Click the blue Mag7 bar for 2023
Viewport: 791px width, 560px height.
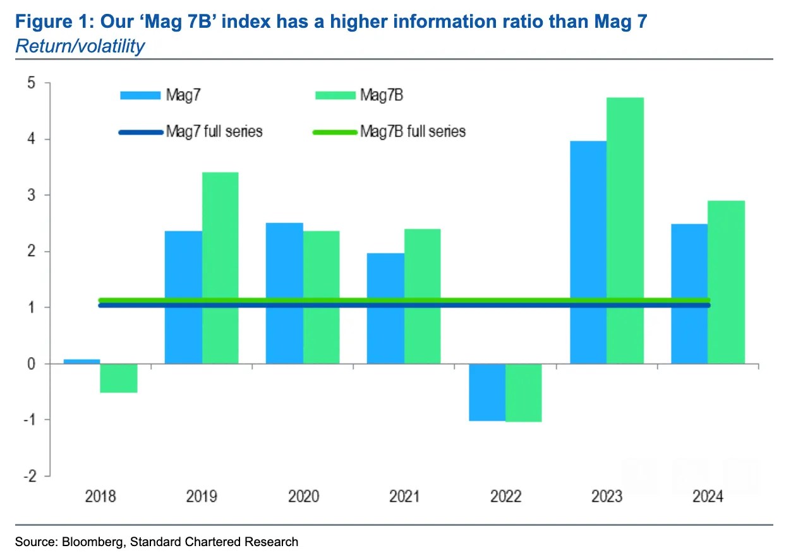[x=588, y=253]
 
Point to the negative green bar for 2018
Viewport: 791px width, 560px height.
[x=119, y=378]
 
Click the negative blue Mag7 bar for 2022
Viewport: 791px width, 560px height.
[x=487, y=392]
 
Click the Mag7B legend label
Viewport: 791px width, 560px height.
[x=381, y=95]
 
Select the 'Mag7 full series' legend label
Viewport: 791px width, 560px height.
[x=214, y=132]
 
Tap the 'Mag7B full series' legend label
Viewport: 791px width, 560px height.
[x=413, y=132]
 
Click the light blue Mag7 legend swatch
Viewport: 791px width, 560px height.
[x=140, y=96]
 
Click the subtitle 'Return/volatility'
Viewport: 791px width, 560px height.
[x=80, y=46]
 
